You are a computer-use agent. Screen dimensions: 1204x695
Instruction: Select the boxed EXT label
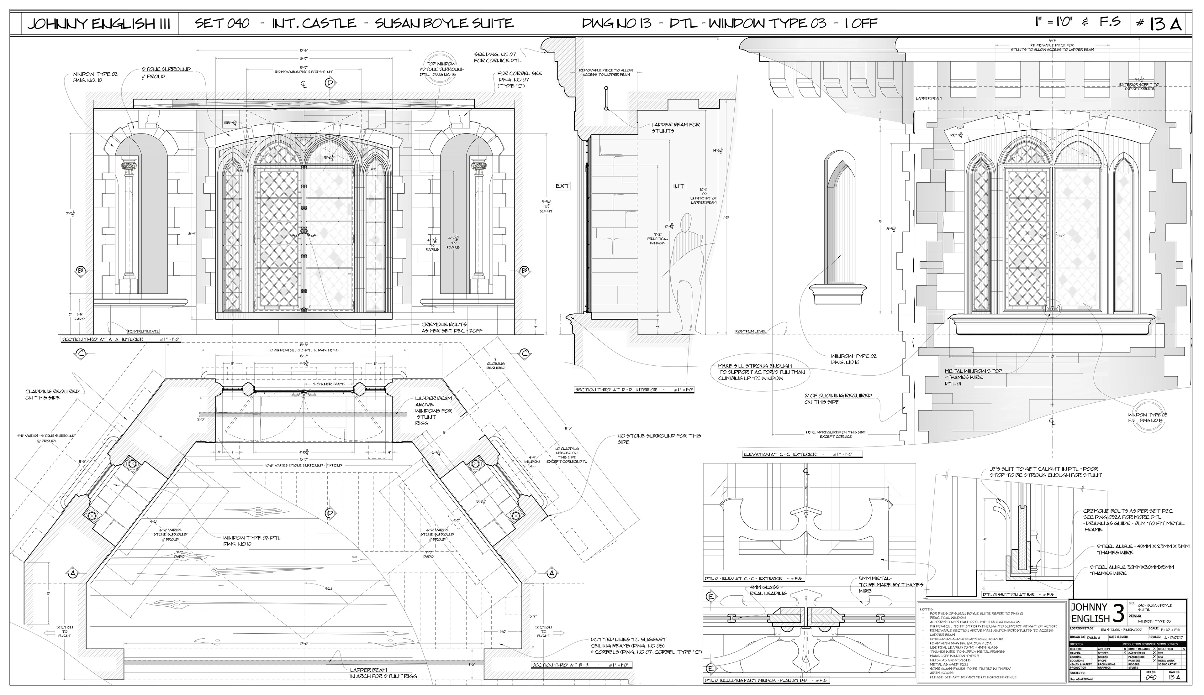point(562,186)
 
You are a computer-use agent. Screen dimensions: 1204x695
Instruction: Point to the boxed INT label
point(678,186)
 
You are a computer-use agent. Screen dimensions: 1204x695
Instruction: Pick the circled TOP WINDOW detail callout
point(441,70)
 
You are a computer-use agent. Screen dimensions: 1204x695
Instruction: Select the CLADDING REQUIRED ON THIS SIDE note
point(53,394)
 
